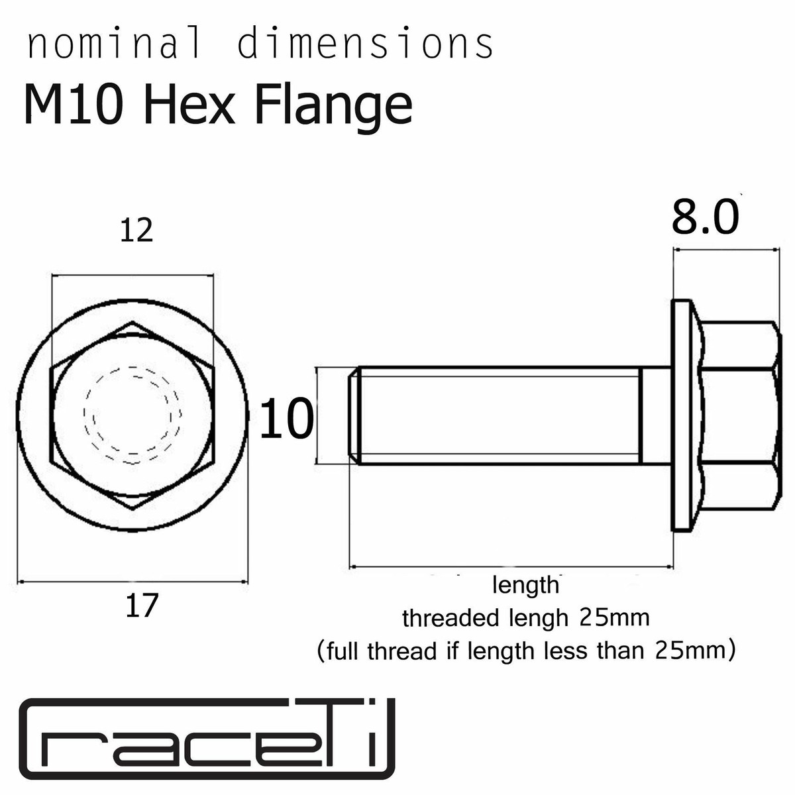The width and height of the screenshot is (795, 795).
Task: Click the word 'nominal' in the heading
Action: (x=113, y=45)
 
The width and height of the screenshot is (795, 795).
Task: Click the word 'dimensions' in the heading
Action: (x=365, y=45)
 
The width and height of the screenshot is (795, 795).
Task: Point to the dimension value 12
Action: (x=136, y=231)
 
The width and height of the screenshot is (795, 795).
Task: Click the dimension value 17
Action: (x=142, y=606)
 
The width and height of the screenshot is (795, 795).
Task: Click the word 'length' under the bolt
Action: (x=526, y=586)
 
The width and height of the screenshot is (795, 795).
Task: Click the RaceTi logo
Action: (x=206, y=739)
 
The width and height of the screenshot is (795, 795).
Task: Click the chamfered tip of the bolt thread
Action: (x=354, y=415)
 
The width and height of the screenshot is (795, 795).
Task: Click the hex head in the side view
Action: (x=739, y=415)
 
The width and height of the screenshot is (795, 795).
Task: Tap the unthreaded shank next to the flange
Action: (x=656, y=415)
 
